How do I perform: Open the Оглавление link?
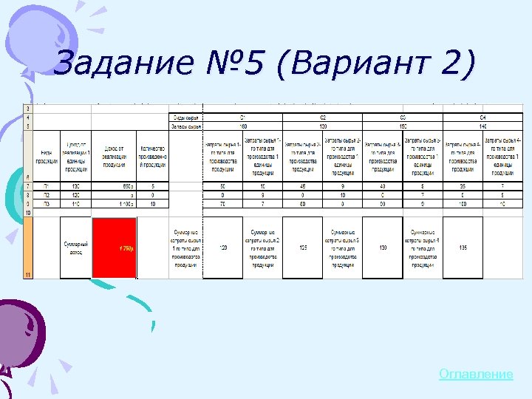pyautogui.click(x=475, y=375)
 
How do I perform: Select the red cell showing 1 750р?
pyautogui.click(x=114, y=248)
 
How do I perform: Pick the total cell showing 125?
pyautogui.click(x=303, y=248)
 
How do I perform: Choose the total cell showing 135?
pyautogui.click(x=463, y=248)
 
